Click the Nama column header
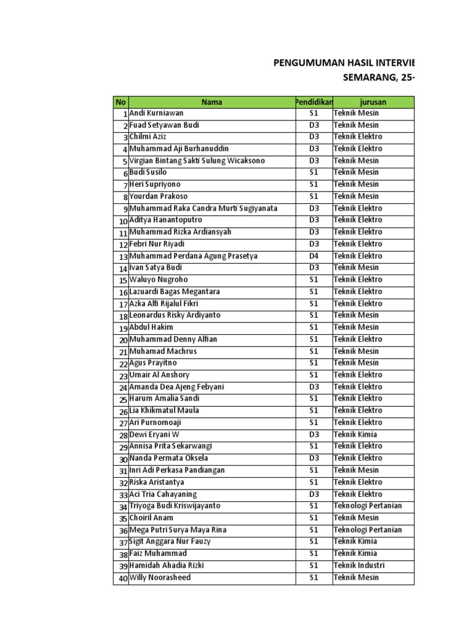coord(212,102)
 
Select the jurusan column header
coord(374,102)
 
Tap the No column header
coord(120,102)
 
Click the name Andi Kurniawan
coord(156,113)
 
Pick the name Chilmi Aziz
coord(147,137)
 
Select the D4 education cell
coord(314,256)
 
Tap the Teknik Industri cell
coord(361,565)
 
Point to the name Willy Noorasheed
coord(160,577)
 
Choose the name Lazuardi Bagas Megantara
coord(175,292)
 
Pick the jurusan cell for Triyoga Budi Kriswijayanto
coord(368,506)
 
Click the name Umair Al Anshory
coord(159,375)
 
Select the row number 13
coord(123,257)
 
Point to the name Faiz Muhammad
coord(158,553)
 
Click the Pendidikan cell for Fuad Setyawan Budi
coord(314,125)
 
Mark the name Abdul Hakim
coord(151,327)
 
